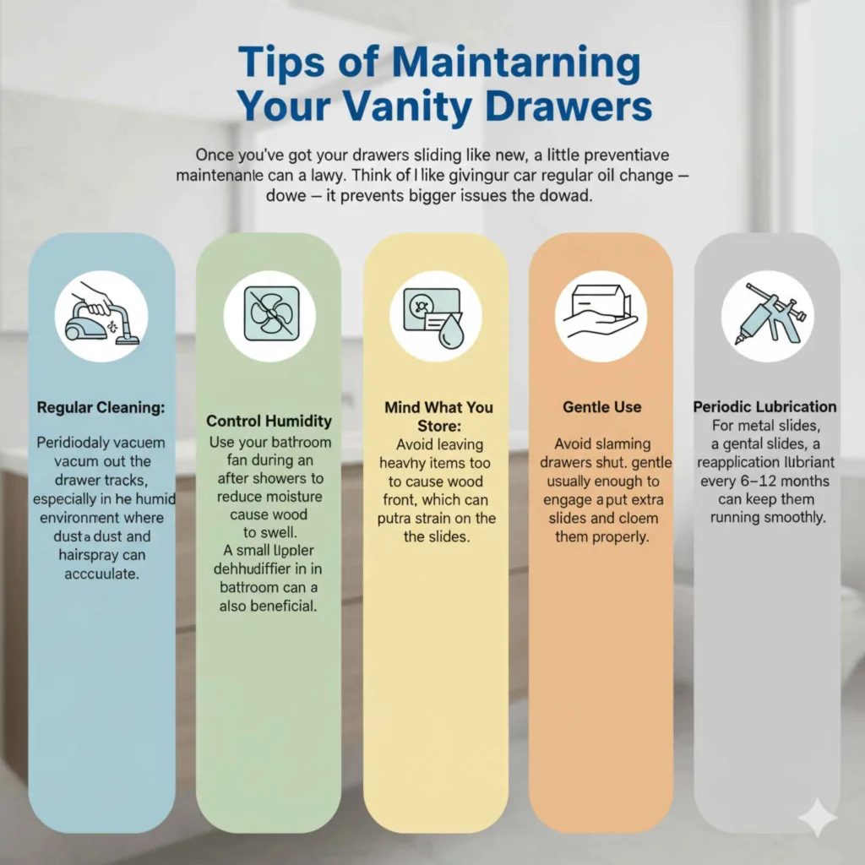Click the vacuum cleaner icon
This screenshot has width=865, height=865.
[101, 315]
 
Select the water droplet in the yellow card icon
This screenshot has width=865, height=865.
[449, 332]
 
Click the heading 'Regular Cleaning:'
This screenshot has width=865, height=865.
[101, 407]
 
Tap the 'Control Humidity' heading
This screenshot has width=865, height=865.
[269, 421]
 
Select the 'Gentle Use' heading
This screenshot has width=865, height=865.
[602, 407]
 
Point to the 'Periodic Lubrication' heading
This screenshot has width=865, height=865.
[765, 407]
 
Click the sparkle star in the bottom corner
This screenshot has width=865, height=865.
[817, 816]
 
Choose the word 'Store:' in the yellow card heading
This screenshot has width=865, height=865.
[438, 426]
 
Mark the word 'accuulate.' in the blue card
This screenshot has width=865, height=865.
[101, 574]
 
